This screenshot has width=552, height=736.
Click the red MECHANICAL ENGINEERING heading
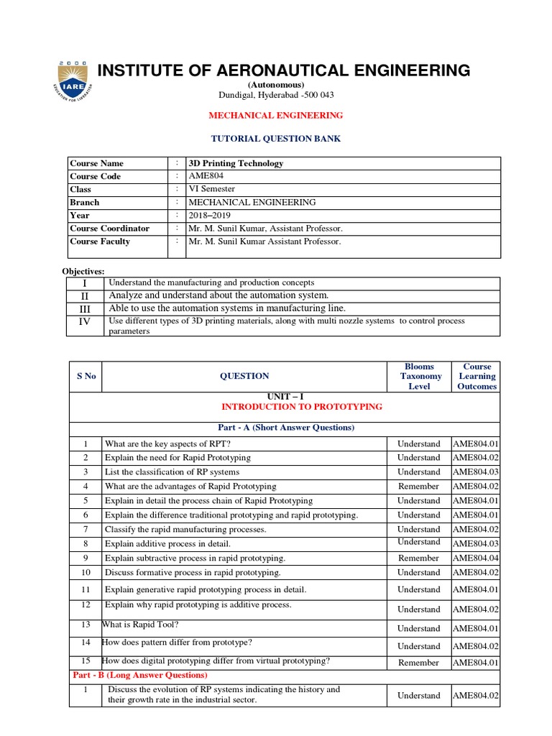(x=275, y=115)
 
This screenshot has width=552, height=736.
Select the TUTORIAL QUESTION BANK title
(x=275, y=139)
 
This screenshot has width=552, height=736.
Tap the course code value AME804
(x=206, y=176)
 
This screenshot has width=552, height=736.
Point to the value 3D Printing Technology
(x=236, y=163)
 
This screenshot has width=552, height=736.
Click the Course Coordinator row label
(x=109, y=228)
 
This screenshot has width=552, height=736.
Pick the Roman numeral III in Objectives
(x=85, y=308)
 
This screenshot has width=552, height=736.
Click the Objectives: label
(x=84, y=271)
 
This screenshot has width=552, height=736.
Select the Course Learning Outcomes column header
(x=477, y=376)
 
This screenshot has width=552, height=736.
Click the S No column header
(x=86, y=376)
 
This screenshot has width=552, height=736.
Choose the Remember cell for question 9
(x=418, y=558)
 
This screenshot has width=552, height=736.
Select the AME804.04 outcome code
(x=476, y=558)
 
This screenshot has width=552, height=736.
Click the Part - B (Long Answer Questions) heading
(x=140, y=675)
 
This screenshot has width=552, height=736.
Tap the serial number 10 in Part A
(x=86, y=572)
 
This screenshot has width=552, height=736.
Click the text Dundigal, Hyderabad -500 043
(x=276, y=95)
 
